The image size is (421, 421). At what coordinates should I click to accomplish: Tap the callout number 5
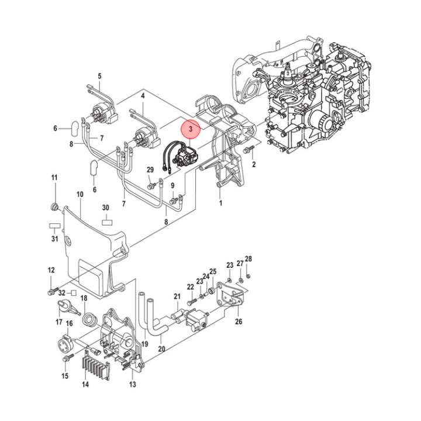point(99,76)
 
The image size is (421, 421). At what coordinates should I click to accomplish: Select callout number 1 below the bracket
point(220,203)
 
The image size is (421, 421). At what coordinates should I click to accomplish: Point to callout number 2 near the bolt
point(254,165)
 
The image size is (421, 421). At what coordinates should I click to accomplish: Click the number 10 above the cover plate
point(80,194)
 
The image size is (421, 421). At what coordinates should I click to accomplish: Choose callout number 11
point(54,177)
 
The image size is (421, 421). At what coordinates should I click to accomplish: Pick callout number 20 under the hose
point(161,349)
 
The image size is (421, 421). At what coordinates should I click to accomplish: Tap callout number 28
point(248,259)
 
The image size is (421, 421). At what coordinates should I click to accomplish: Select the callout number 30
point(106,208)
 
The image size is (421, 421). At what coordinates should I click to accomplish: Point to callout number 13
point(133,384)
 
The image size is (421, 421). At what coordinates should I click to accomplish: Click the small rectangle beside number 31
point(54,225)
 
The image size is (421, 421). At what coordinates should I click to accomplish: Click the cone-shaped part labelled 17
point(64,306)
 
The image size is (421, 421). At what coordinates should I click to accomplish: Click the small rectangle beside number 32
point(74,291)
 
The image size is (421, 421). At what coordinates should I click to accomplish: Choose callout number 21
point(177,297)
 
